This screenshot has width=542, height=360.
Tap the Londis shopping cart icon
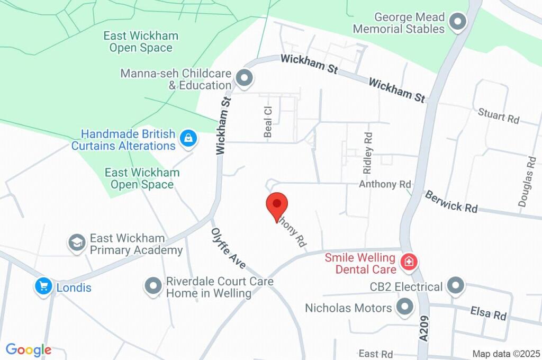tap(43, 287)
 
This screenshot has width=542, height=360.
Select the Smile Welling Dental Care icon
tap(409, 262)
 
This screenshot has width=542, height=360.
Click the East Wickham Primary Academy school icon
tap(77, 243)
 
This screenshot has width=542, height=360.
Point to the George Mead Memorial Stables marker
tap(457, 22)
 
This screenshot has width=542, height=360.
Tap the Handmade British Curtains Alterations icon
tap(187, 139)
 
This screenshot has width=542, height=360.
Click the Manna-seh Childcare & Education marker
tap(244, 79)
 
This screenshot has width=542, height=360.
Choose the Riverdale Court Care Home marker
tap(153, 286)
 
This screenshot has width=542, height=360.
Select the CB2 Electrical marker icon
tap(455, 286)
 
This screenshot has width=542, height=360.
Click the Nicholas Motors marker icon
tap(405, 307)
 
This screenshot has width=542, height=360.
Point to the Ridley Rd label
tap(368, 153)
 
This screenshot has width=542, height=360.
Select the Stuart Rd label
tap(498, 116)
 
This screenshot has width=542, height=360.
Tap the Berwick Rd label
tap(450, 202)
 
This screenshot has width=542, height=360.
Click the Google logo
tap(29, 350)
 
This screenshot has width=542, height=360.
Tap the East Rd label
tap(375, 354)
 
